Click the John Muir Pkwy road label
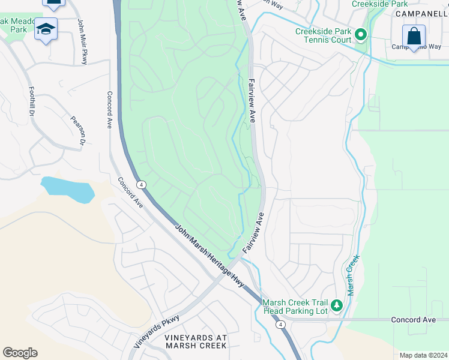pyautogui.click(x=82, y=41)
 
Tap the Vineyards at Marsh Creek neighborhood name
pyautogui.click(x=196, y=341)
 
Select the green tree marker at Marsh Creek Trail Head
pyautogui.click(x=337, y=306)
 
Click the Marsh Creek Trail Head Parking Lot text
pyautogui.click(x=295, y=306)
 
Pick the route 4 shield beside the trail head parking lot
pyautogui.click(x=280, y=325)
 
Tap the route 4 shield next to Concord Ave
pyautogui.click(x=140, y=184)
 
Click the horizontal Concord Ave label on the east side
pyautogui.click(x=413, y=320)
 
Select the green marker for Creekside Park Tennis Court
pyautogui.click(x=360, y=35)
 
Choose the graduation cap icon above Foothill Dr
pyautogui.click(x=46, y=29)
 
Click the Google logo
pyautogui.click(x=20, y=352)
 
